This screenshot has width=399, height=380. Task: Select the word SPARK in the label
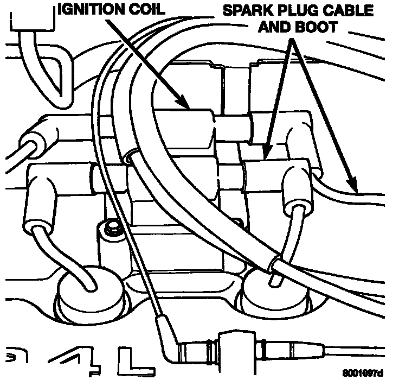click(244, 9)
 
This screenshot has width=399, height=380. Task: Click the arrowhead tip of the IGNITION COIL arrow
click(188, 106)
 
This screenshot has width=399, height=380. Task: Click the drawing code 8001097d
click(363, 373)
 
